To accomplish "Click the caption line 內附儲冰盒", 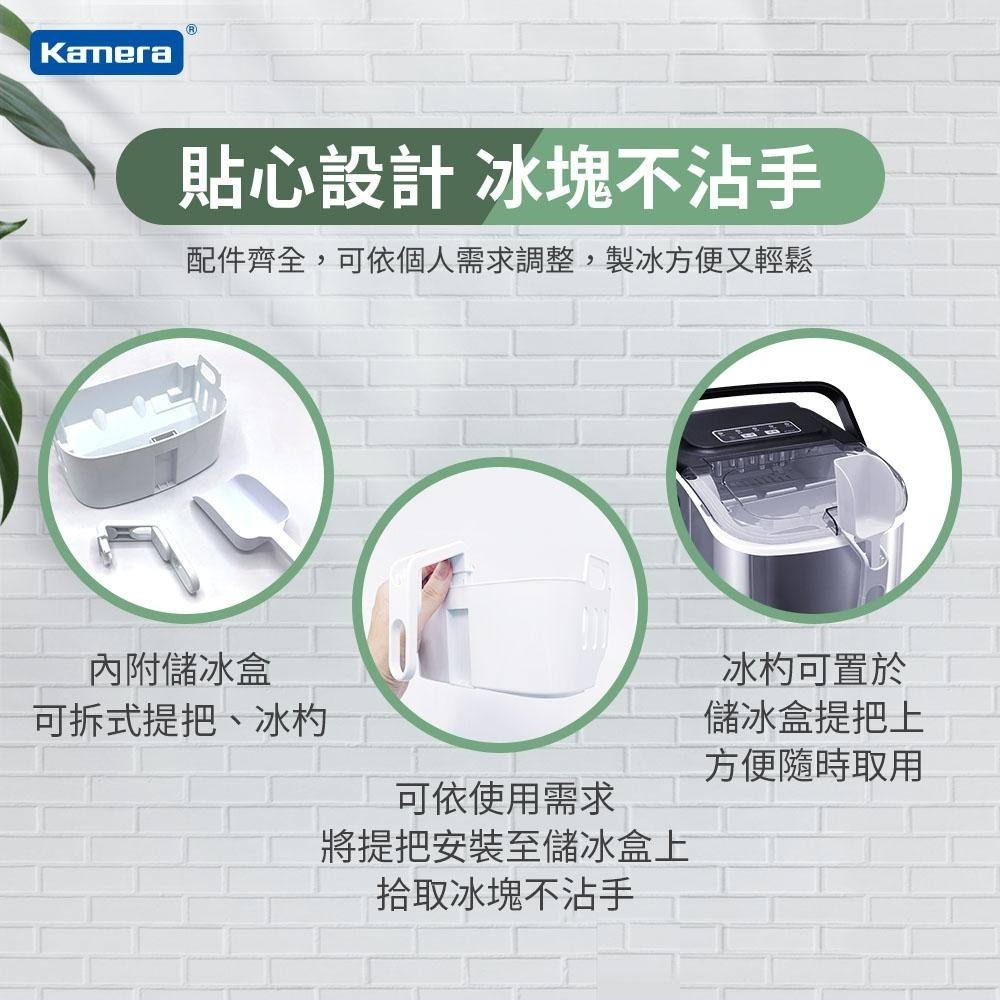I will tap(180, 669).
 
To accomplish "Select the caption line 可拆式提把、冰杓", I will tap(180, 719).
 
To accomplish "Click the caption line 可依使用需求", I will tap(505, 798).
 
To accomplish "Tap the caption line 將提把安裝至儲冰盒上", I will tap(505, 846).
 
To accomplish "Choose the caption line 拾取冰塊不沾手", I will tap(505, 893).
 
